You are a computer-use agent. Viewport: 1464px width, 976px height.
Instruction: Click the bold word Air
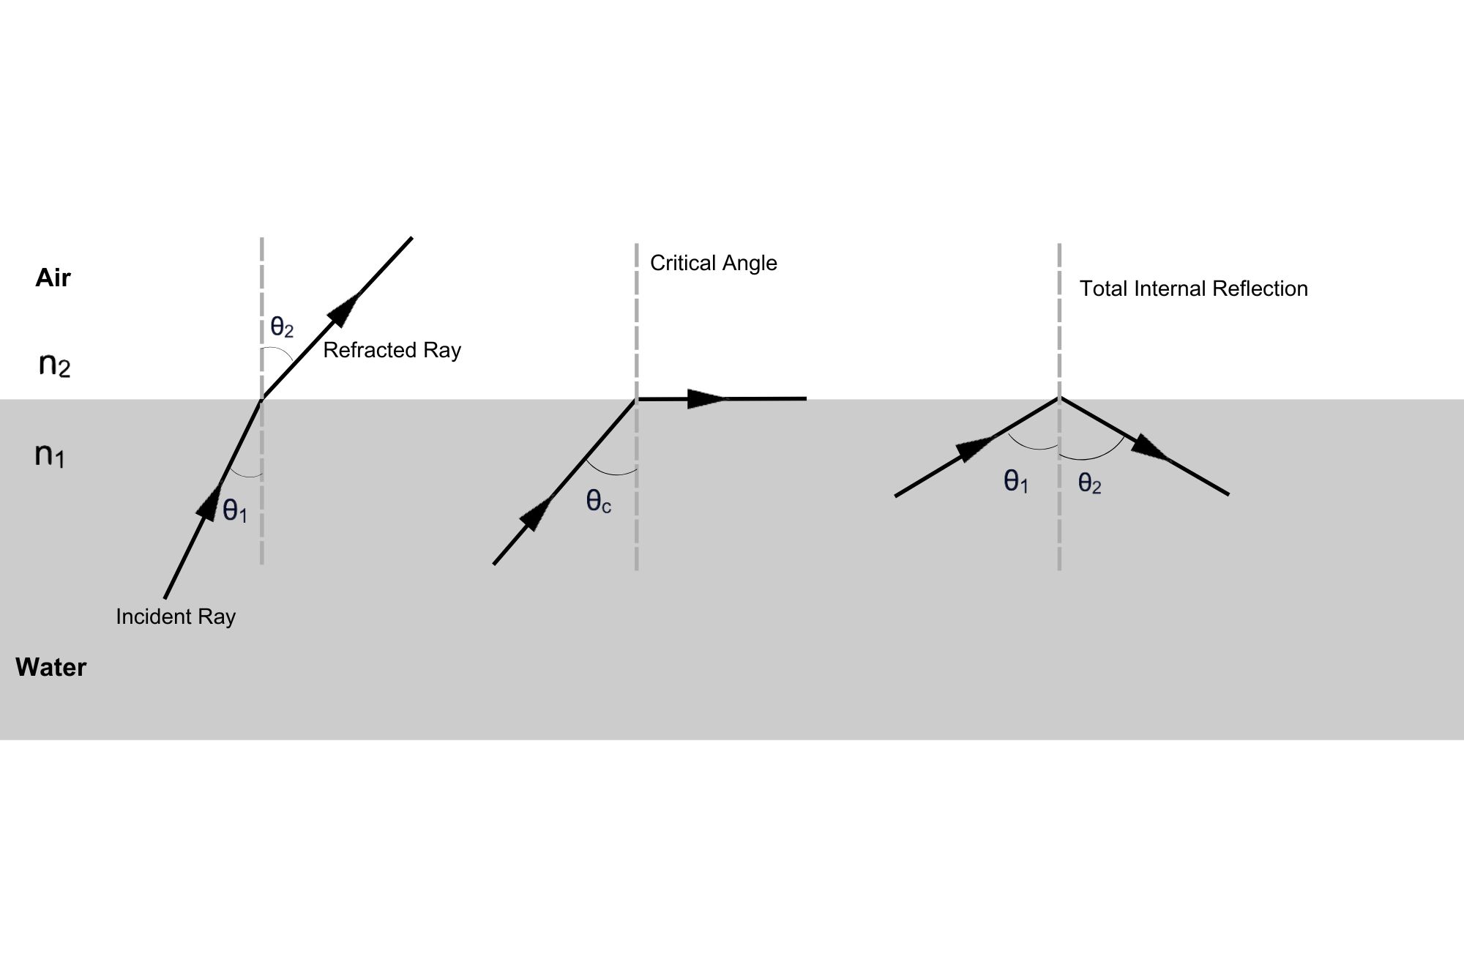click(x=53, y=278)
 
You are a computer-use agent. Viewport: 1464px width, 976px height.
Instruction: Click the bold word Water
click(x=51, y=667)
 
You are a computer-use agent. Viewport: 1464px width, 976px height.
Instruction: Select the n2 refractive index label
click(x=54, y=364)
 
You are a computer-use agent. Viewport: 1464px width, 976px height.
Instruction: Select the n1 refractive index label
click(x=50, y=455)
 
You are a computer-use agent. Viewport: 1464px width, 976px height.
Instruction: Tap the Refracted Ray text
click(x=392, y=350)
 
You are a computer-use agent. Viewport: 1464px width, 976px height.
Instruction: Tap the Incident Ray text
click(x=176, y=616)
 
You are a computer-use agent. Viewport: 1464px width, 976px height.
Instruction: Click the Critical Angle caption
click(x=713, y=263)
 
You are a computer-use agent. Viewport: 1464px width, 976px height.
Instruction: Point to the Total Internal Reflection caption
click(x=1193, y=288)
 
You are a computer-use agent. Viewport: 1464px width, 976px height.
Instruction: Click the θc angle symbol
click(x=598, y=502)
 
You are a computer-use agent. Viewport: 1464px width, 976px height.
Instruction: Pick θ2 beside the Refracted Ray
click(x=282, y=327)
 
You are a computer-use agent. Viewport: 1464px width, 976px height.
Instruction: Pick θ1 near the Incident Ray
click(x=235, y=510)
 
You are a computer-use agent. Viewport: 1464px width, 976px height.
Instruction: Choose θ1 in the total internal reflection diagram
click(x=1016, y=482)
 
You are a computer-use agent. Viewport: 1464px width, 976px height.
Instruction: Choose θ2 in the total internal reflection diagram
click(x=1089, y=483)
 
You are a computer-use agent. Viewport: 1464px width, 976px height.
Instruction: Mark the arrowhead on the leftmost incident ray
click(x=209, y=502)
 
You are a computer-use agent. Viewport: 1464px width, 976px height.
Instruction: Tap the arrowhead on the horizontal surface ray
click(x=707, y=399)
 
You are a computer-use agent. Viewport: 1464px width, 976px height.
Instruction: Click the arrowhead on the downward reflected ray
click(x=1149, y=447)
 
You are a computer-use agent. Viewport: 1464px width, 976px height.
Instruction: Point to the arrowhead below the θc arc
click(x=536, y=514)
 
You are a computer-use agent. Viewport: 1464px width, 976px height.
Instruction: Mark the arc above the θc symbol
click(x=612, y=471)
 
